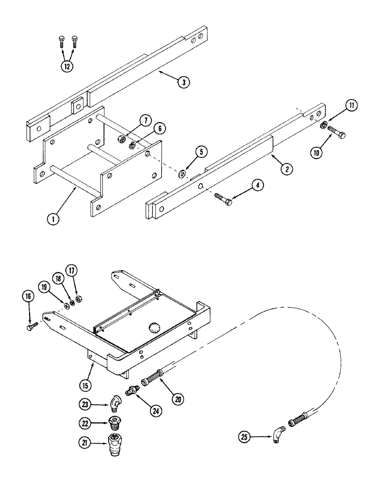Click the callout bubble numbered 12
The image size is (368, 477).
67,66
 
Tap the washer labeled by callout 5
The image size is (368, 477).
183,172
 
